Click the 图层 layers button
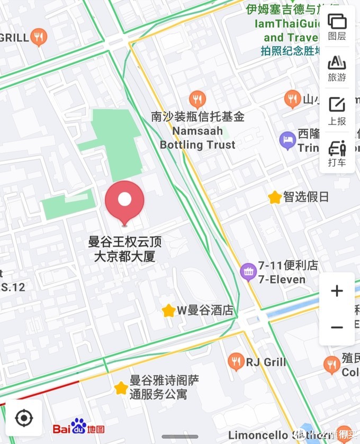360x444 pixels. click(337, 26)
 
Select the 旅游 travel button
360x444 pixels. click(337, 68)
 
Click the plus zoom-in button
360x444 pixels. click(337, 291)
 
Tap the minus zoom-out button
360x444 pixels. click(337, 328)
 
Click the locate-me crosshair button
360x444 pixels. click(24, 418)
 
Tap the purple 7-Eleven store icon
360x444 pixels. click(248, 272)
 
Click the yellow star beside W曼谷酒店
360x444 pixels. click(169, 311)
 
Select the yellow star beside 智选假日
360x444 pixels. click(275, 197)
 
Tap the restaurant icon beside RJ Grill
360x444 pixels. click(236, 362)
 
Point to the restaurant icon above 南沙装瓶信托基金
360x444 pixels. click(197, 98)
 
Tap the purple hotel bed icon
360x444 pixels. click(287, 141)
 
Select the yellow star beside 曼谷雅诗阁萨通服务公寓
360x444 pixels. click(121, 388)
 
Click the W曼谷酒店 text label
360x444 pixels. click(205, 311)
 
